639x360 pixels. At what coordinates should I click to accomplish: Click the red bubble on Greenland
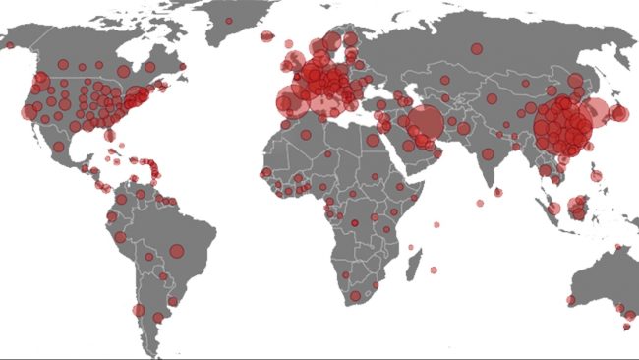(x=229, y=21)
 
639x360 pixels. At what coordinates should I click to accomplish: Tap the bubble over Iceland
(x=264, y=36)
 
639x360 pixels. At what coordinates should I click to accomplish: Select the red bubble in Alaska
(x=9, y=44)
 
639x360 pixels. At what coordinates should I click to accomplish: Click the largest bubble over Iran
(x=425, y=124)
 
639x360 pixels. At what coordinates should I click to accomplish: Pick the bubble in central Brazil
(x=177, y=251)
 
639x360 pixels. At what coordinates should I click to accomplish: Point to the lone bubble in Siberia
(x=476, y=48)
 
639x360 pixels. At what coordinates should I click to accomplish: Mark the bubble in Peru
(x=120, y=237)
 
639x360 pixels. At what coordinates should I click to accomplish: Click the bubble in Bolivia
(x=147, y=258)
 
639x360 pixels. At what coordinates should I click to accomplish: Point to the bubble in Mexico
(x=59, y=148)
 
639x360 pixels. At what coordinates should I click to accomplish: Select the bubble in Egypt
(x=372, y=140)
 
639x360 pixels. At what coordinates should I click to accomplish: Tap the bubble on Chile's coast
(x=140, y=311)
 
